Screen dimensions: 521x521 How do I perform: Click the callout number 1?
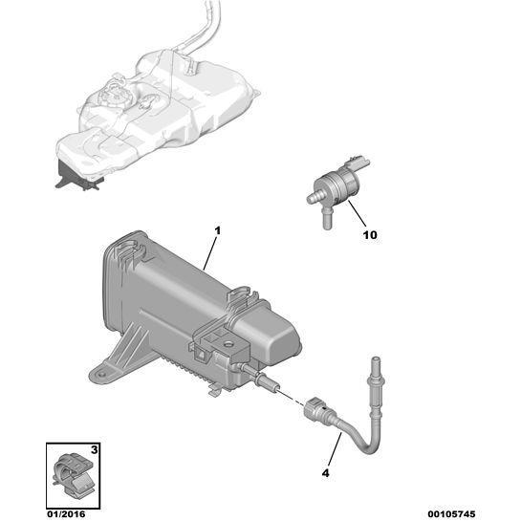(x=218, y=230)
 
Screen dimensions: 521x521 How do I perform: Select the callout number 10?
(x=370, y=235)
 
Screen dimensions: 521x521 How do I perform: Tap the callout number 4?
(x=326, y=473)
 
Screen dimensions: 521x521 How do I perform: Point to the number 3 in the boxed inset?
(x=95, y=450)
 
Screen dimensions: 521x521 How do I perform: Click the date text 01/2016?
(x=66, y=514)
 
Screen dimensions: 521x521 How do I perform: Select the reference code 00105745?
(x=451, y=514)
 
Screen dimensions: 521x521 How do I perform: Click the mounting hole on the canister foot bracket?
(x=102, y=375)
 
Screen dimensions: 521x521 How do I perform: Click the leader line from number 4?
(x=335, y=449)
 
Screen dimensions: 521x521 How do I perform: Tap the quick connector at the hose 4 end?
(x=318, y=412)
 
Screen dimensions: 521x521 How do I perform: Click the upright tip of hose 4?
(x=375, y=360)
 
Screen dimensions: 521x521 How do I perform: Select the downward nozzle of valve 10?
(x=327, y=220)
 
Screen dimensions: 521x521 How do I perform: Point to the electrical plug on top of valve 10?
(x=358, y=163)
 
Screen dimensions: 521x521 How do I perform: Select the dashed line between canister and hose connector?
(x=291, y=397)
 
